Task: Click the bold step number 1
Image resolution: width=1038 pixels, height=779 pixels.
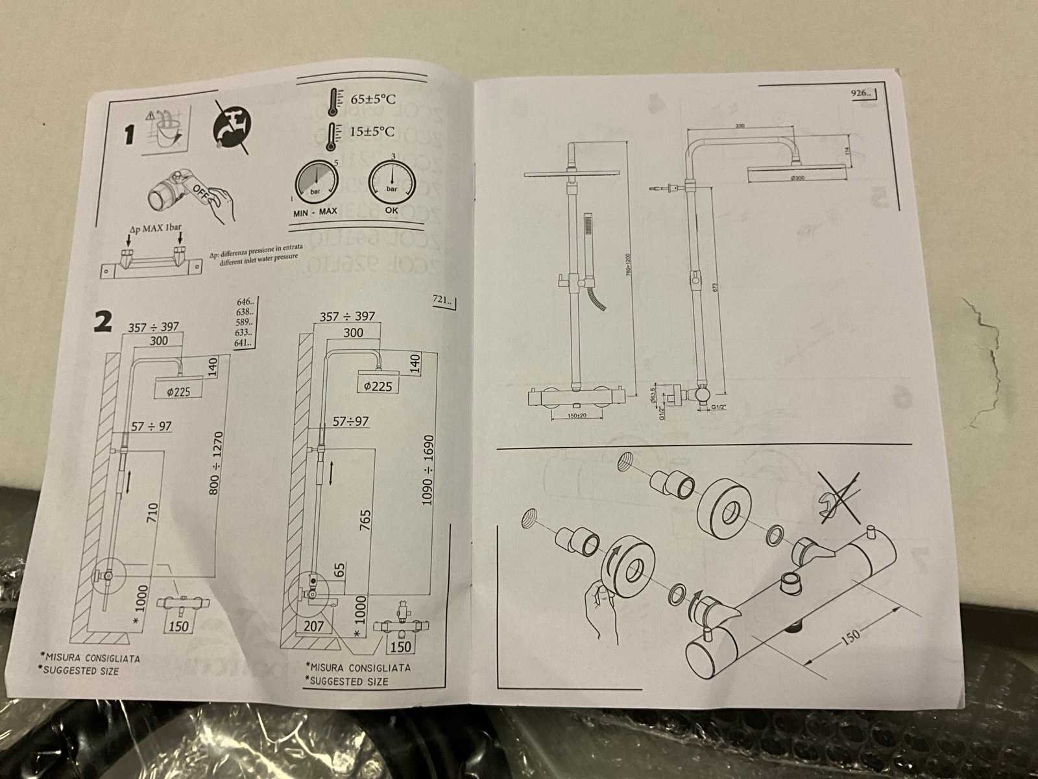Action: pyautogui.click(x=130, y=135)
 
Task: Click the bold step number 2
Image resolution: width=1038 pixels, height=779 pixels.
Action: pyautogui.click(x=103, y=320)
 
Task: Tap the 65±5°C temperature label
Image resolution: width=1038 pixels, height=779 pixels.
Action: pyautogui.click(x=373, y=99)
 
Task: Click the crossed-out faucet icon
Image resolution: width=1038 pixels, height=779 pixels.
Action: pyautogui.click(x=230, y=127)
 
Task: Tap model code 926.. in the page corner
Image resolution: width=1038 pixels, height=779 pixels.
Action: pyautogui.click(x=862, y=93)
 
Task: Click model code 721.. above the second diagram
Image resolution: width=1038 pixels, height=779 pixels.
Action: pyautogui.click(x=443, y=300)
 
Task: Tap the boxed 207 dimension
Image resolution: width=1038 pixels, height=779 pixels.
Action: pyautogui.click(x=313, y=626)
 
